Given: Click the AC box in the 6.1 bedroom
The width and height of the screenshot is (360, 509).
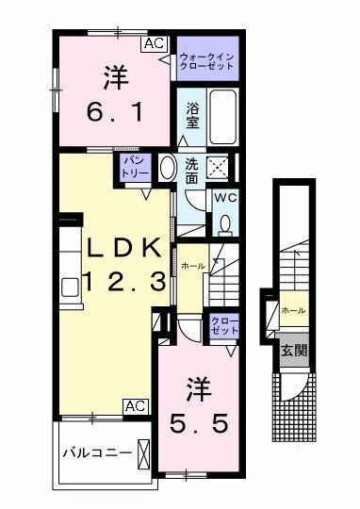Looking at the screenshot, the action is [155, 43].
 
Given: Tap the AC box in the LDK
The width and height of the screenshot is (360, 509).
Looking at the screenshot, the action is [136, 406].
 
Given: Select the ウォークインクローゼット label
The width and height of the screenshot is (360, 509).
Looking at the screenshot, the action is [206, 61].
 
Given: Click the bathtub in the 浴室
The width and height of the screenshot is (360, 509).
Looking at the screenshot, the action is [222, 116].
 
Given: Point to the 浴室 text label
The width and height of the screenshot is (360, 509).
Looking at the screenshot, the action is [192, 116].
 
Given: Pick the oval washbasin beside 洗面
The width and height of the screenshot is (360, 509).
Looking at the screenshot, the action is [168, 167].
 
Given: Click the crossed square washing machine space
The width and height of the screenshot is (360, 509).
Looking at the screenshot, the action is [218, 167].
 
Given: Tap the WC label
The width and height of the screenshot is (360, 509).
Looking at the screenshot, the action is [225, 198].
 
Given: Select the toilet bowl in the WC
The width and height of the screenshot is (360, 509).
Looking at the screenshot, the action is [224, 224].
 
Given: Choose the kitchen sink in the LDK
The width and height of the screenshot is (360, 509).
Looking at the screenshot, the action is [70, 287].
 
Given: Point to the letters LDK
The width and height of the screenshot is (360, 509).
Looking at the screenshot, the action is [125, 249].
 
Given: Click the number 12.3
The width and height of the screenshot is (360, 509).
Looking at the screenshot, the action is [125, 281].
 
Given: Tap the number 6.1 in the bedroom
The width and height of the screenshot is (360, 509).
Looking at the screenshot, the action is [115, 112].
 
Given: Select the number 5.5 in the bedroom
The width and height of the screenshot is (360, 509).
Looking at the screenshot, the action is [198, 423].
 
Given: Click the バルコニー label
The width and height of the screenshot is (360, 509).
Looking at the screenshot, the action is [97, 452].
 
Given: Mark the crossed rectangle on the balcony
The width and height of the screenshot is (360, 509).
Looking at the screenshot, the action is [143, 454].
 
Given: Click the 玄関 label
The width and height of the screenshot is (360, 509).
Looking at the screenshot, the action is [294, 350].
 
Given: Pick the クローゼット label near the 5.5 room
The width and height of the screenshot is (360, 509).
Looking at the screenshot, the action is [224, 325].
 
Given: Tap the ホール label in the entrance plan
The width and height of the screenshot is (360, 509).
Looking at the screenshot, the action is [294, 310].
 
